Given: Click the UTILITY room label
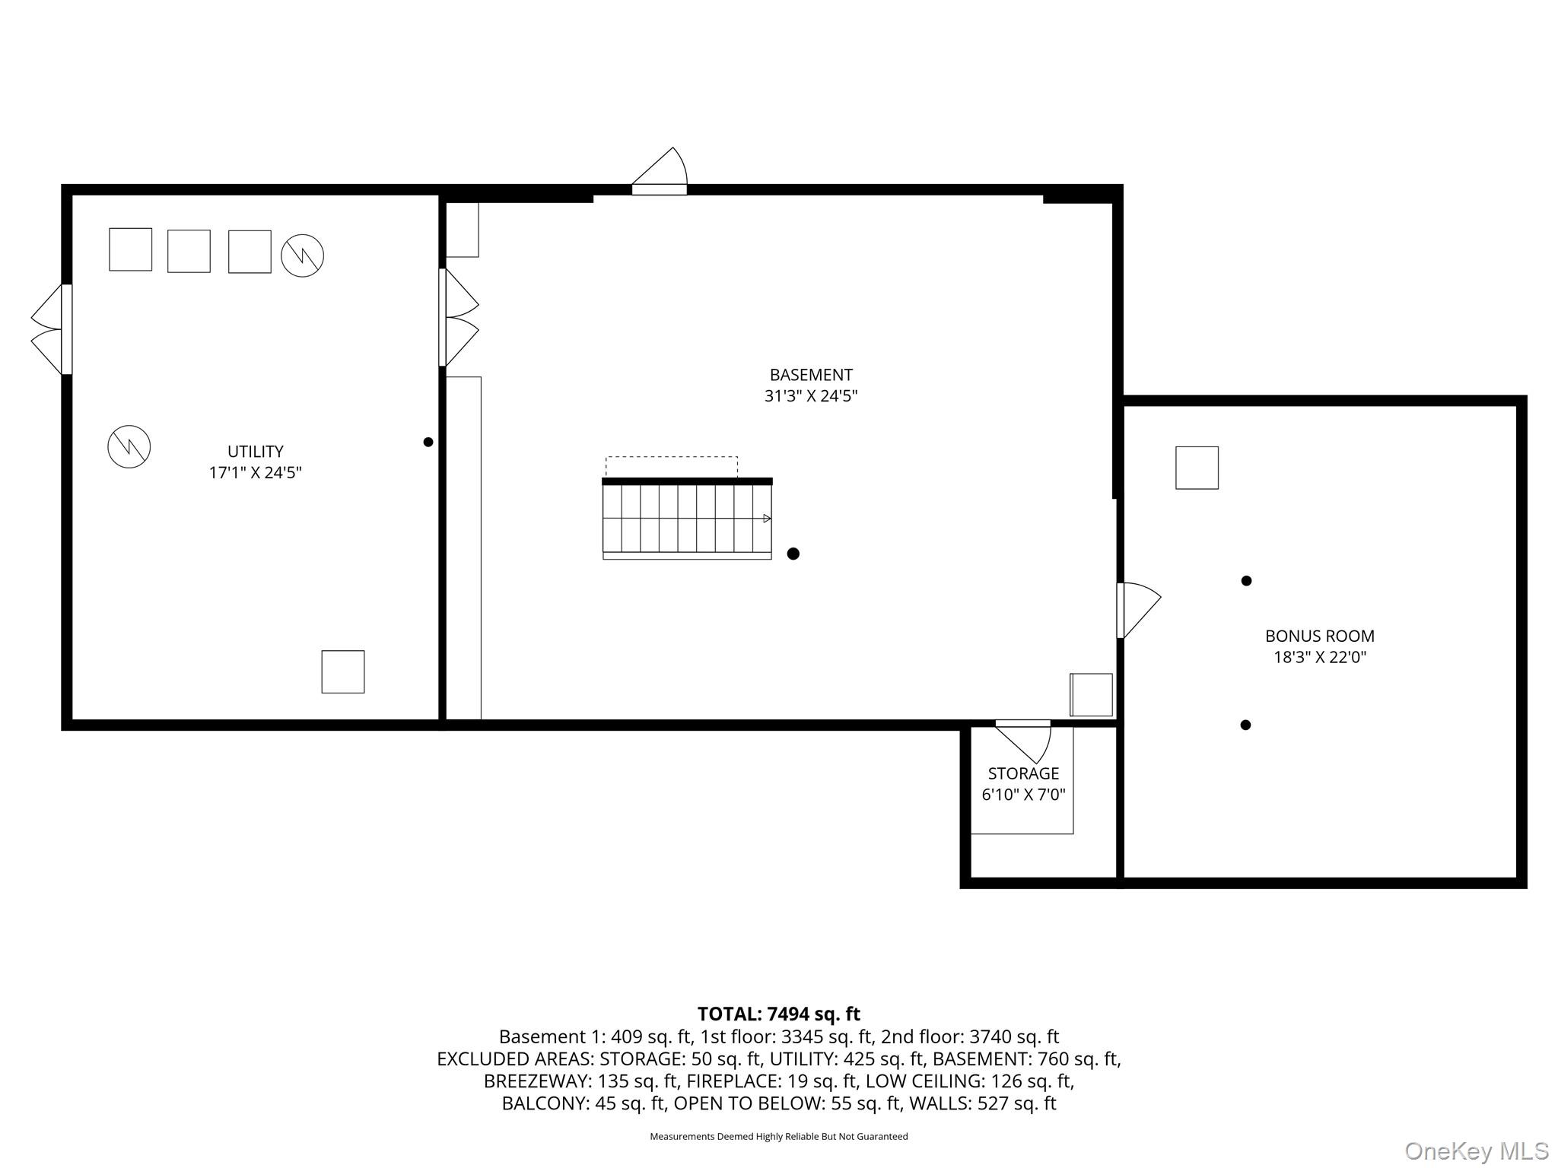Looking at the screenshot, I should point(255,452).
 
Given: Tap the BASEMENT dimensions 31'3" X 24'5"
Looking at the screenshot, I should point(811,396).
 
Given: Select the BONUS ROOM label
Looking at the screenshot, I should point(1319,636).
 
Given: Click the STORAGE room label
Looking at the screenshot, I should point(1023,774).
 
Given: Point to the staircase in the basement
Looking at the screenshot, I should point(687,519).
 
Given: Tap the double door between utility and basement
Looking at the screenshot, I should point(459,317).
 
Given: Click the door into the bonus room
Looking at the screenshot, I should point(1137,609).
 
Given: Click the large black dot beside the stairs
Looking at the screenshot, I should point(793,554).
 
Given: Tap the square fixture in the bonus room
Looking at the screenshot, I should point(1197,468).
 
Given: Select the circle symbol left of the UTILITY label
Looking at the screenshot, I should point(129,446).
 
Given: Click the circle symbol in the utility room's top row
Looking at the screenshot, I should point(302,255).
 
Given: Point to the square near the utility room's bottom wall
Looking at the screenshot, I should point(343,671).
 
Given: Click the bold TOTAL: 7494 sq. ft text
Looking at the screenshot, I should point(778,1014).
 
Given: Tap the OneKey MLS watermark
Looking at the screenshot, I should point(1477,1151).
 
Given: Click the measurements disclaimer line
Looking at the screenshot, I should point(778,1137).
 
